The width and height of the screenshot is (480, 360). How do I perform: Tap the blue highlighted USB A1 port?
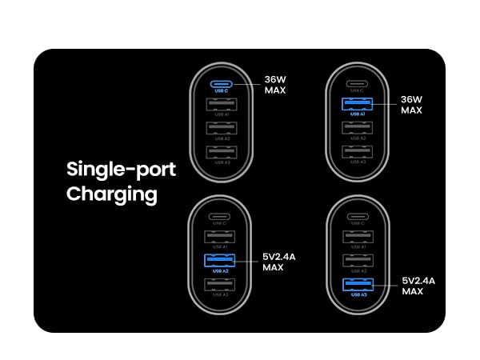[x=356, y=104]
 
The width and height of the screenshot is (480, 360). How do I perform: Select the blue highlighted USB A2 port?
[x=221, y=260]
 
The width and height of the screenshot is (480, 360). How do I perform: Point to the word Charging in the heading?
[x=111, y=194]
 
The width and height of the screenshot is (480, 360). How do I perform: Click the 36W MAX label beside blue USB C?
[x=276, y=85]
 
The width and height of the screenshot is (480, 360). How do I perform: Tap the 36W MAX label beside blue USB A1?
[x=411, y=105]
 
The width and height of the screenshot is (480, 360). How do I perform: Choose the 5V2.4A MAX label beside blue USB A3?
[x=418, y=286]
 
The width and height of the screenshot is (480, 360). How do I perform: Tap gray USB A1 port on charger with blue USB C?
[x=221, y=104]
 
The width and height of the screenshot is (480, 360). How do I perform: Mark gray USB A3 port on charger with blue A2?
[x=221, y=284]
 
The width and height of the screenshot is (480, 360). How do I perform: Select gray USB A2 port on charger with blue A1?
[x=356, y=127]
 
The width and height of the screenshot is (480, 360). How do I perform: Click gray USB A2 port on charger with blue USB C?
[x=221, y=127]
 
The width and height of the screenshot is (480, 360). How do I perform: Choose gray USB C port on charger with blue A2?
[x=221, y=216]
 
